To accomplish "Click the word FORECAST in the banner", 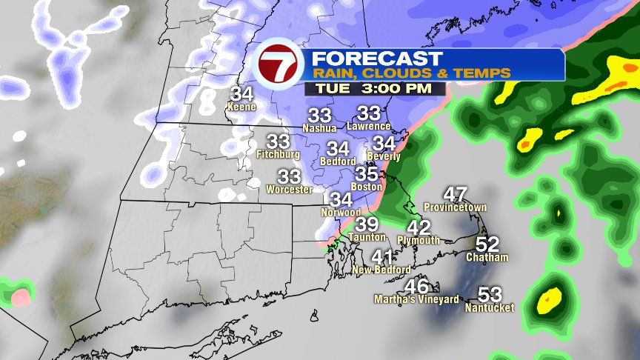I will (376, 59).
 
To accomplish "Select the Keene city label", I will (241, 107).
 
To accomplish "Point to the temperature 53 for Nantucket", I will (490, 294).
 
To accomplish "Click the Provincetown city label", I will (455, 207).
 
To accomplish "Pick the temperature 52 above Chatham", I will (487, 244).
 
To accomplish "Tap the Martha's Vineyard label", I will (410, 299).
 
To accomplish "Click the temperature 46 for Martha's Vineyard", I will (417, 287).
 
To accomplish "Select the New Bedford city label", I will (381, 270).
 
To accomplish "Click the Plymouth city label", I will (419, 241).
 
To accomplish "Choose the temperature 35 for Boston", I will (367, 174).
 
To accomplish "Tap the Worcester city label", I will (289, 190).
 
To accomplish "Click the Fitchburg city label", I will (278, 155).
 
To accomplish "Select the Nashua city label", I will (319, 127).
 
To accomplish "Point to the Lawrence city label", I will (368, 126).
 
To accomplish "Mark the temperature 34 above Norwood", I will (341, 199).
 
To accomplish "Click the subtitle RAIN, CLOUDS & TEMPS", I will (411, 73).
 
